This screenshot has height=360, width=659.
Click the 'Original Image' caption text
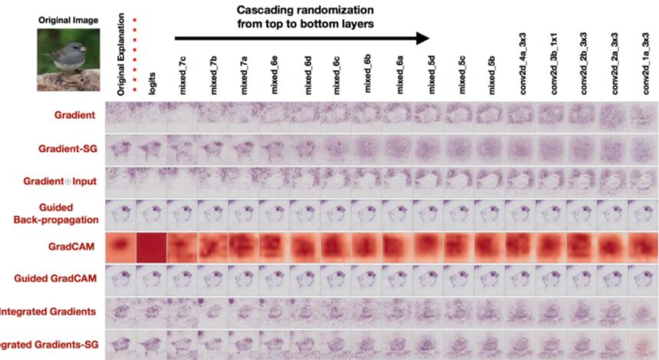69,20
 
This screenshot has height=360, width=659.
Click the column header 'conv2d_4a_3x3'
521,64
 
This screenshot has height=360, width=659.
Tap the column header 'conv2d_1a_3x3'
644,64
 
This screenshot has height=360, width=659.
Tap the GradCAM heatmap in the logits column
152,248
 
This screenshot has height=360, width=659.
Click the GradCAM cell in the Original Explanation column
121,248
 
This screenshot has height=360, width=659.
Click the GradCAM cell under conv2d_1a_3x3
644,248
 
